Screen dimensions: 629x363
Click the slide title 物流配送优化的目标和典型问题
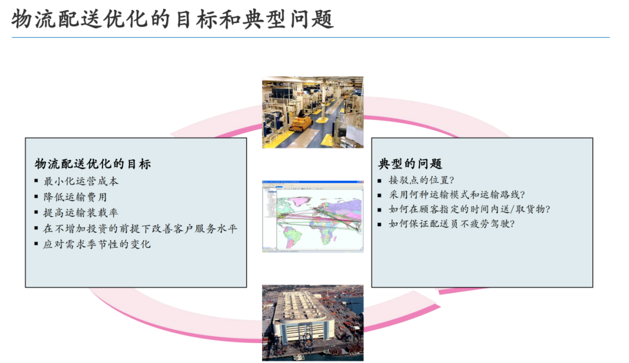coord(172,19)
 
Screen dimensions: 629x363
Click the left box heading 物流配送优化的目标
coord(93,164)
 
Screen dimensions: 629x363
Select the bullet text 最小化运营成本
coord(80,181)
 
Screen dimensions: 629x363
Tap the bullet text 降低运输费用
coord(75,197)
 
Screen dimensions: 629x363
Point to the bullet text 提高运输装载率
coord(80,213)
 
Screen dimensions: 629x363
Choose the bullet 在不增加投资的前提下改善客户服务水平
coord(140,228)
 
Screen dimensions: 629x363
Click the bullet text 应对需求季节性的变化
coord(97,244)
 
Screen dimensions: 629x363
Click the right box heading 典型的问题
coord(410,164)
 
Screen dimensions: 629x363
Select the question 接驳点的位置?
coord(421,180)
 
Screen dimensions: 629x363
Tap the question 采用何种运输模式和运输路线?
coord(457,195)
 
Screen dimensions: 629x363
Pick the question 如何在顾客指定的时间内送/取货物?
coord(469,209)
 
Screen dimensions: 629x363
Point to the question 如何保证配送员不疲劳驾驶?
coord(451,223)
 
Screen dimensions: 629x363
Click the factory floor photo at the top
coord(313,112)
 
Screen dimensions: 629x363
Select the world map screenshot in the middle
coord(313,216)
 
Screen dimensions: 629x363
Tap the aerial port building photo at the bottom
coord(313,323)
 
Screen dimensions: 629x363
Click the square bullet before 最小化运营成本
coord(36,181)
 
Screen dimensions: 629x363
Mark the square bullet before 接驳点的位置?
coord(380,181)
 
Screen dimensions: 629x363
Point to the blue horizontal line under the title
coord(310,38)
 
